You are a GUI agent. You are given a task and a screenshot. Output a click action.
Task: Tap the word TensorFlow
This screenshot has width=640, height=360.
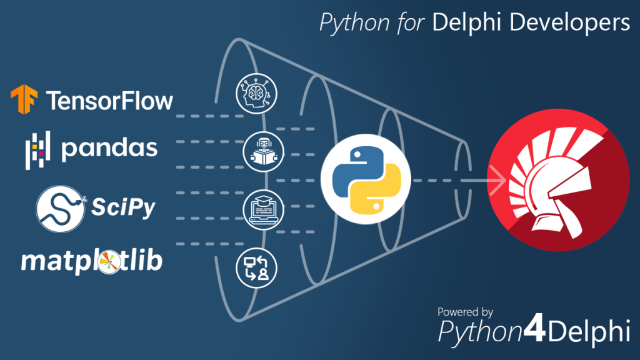(x=109, y=101)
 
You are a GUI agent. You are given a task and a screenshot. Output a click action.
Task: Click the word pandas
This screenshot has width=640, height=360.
(x=109, y=148)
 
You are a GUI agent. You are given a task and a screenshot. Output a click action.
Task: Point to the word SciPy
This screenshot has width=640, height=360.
(x=124, y=207)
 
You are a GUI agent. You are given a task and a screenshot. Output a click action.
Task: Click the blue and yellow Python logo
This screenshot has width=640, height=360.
(x=366, y=181)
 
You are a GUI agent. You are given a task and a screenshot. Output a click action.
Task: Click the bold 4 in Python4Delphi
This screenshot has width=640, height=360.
(x=533, y=331)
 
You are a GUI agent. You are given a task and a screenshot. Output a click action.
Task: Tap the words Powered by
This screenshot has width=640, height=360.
(x=465, y=311)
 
